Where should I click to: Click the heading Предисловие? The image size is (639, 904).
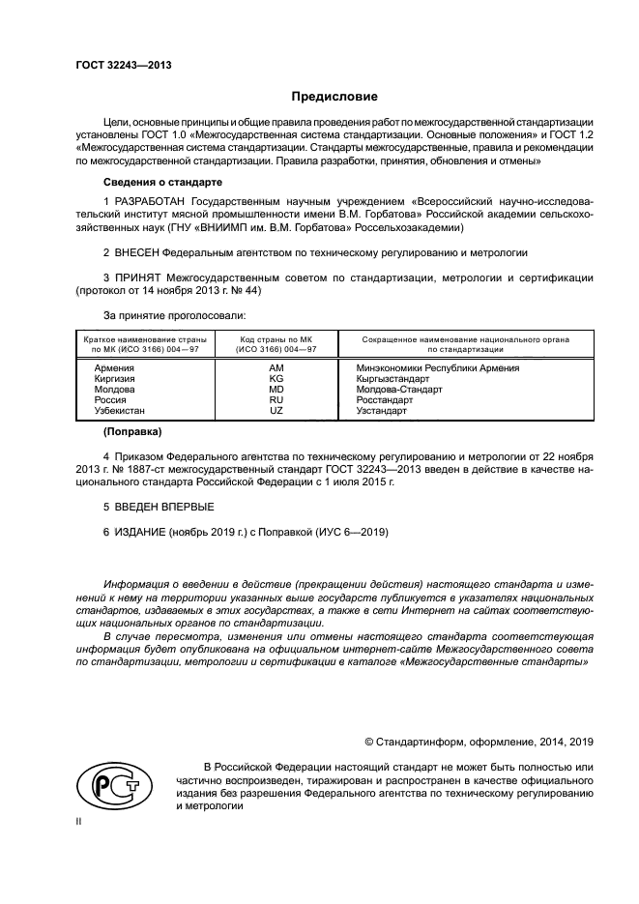tap(335, 97)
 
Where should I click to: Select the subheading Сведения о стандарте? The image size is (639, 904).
tap(162, 183)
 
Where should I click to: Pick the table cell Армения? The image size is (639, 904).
tap(114, 368)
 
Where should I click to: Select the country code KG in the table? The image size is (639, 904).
tap(276, 379)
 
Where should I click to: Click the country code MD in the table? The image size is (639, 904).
tap(276, 390)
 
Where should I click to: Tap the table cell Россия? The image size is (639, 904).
tap(110, 400)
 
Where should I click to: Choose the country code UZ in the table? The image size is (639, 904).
tap(276, 411)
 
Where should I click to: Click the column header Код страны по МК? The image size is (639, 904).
tap(276, 344)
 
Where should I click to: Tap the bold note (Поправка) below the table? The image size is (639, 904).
tap(132, 431)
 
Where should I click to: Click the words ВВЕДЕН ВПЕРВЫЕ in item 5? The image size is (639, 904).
tap(159, 507)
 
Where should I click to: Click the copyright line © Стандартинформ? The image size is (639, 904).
tap(479, 742)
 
